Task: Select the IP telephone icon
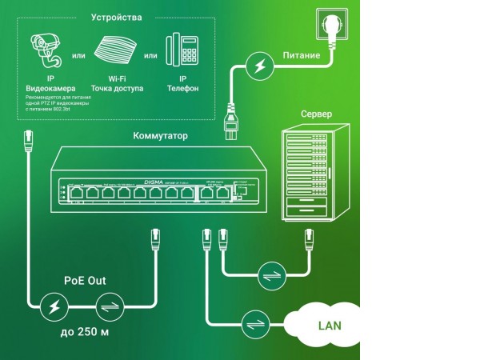[x=183, y=50]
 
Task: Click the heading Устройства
[x=118, y=17]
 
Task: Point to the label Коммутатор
[x=160, y=136]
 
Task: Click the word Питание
[x=302, y=56]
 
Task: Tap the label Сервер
[x=316, y=114]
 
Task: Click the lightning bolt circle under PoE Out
[x=54, y=306]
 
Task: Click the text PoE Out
[x=85, y=281]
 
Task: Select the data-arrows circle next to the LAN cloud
[x=254, y=323]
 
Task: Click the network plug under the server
[x=306, y=237]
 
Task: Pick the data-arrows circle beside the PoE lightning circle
[x=108, y=306]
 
